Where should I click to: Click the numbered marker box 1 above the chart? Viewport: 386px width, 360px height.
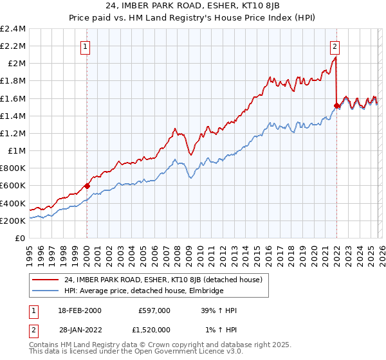point(86,46)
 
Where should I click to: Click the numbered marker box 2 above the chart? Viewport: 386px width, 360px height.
point(335,46)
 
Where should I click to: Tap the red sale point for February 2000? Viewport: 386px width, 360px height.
point(87,186)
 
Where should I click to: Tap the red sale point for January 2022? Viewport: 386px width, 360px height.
point(336,105)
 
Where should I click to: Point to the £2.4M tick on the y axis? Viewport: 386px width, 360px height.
point(13,29)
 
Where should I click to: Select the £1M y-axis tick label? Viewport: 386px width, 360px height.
point(17,151)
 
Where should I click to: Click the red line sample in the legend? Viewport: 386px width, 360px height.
point(45,280)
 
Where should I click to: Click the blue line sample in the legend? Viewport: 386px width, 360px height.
point(45,291)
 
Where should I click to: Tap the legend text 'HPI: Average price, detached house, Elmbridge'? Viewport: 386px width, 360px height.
point(143,291)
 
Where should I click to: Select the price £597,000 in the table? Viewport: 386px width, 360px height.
point(154,310)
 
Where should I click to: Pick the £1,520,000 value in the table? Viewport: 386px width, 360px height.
point(151,330)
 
